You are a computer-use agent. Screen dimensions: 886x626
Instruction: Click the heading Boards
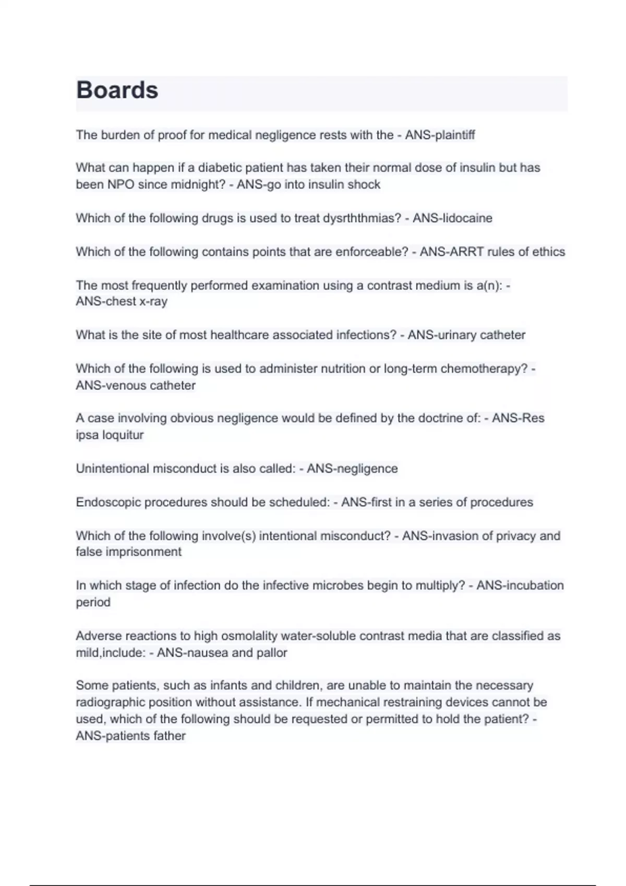(x=117, y=90)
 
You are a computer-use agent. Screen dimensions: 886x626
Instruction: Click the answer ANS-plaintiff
(x=440, y=135)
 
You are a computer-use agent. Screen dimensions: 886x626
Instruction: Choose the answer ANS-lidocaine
(x=452, y=218)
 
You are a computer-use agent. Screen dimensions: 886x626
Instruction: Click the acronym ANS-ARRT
(x=452, y=252)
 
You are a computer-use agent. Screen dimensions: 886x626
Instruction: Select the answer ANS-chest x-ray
(x=122, y=301)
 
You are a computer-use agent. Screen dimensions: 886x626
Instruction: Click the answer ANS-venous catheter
(x=136, y=385)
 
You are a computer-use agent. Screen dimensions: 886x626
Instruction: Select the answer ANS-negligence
(x=352, y=469)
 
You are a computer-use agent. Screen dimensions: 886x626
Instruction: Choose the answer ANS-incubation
(x=520, y=585)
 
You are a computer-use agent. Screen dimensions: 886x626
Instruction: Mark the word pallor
(x=272, y=653)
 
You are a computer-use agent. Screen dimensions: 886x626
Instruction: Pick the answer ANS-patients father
(x=130, y=736)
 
